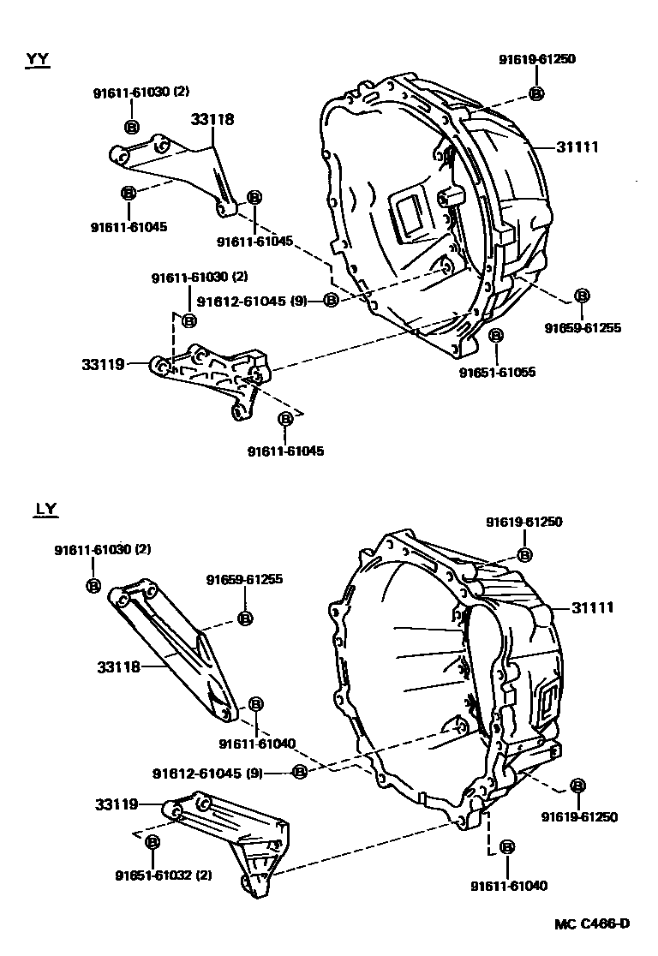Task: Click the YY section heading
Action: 38,59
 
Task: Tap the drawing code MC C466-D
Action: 591,923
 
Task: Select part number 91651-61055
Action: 498,373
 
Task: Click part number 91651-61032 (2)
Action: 163,875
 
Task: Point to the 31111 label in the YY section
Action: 577,147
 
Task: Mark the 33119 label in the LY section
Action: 117,804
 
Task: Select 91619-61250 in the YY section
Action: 537,59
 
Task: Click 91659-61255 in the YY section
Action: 583,327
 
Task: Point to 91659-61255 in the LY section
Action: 244,580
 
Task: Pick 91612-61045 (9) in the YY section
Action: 252,301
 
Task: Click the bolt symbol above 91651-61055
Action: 496,335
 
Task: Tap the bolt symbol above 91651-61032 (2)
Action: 153,843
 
